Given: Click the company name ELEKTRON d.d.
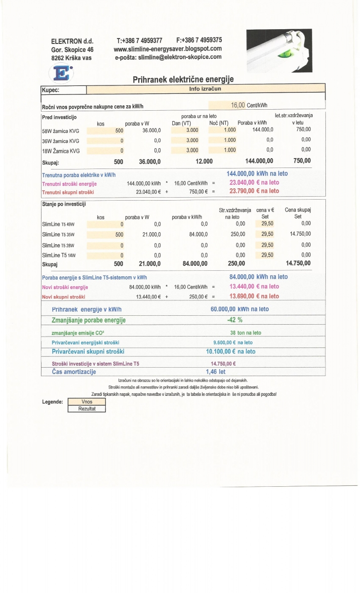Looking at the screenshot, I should [x=72, y=41].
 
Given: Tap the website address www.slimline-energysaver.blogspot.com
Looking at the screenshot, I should [x=167, y=48].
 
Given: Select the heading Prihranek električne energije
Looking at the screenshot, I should [x=183, y=79].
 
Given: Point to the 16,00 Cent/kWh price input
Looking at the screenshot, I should [x=245, y=105].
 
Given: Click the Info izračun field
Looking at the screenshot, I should [x=205, y=89].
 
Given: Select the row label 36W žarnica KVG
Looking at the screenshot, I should [x=61, y=140].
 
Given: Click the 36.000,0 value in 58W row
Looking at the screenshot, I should [x=152, y=130].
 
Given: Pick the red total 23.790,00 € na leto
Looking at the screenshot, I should [x=254, y=191].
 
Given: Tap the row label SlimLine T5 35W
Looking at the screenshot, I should [x=58, y=235].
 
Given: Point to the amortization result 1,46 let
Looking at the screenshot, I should [x=215, y=372].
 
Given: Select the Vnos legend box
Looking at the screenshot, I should [x=86, y=402].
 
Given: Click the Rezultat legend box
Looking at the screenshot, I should [x=86, y=409].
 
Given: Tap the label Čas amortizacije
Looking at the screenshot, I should [x=74, y=372].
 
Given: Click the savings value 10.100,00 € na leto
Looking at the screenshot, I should [x=231, y=351].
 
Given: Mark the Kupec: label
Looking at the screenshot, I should [x=50, y=90].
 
